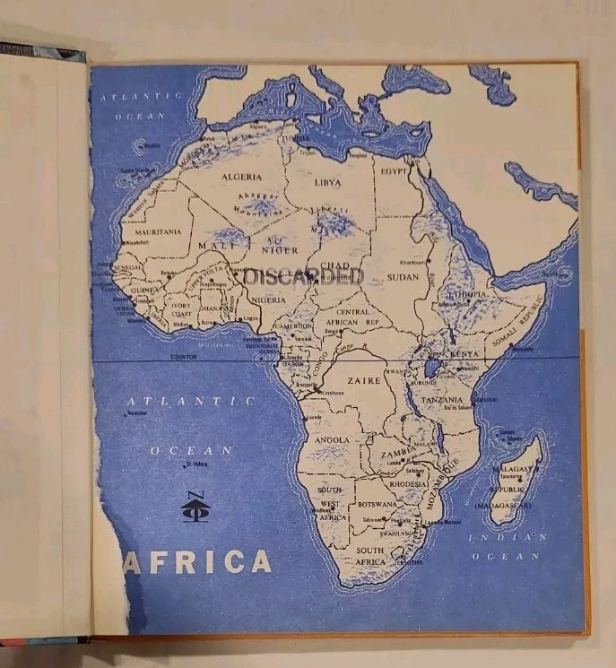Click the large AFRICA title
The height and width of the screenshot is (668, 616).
tap(197, 561)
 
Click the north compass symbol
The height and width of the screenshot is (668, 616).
tap(193, 508)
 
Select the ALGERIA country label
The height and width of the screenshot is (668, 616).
tap(242, 177)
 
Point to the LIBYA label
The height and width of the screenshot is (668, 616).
tap(327, 182)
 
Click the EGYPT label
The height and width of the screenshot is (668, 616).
tap(395, 170)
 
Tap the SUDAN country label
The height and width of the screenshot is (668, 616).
tap(403, 276)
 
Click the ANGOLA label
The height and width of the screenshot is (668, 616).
tap(332, 439)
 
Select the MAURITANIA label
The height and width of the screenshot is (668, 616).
tap(158, 231)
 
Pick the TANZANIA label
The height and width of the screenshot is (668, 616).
tap(442, 400)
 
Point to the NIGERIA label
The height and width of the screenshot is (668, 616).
tap(269, 299)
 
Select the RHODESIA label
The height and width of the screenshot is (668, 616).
tap(409, 484)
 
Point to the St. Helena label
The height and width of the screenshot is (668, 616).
tap(196, 464)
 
